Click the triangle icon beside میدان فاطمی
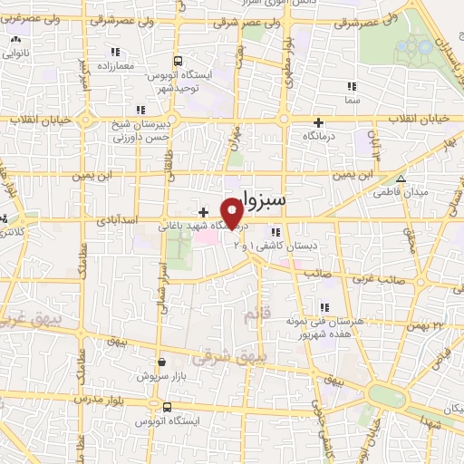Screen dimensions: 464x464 (x=401, y=179)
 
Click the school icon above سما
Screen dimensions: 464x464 (x=351, y=86)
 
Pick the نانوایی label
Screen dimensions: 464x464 (x=16, y=53)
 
